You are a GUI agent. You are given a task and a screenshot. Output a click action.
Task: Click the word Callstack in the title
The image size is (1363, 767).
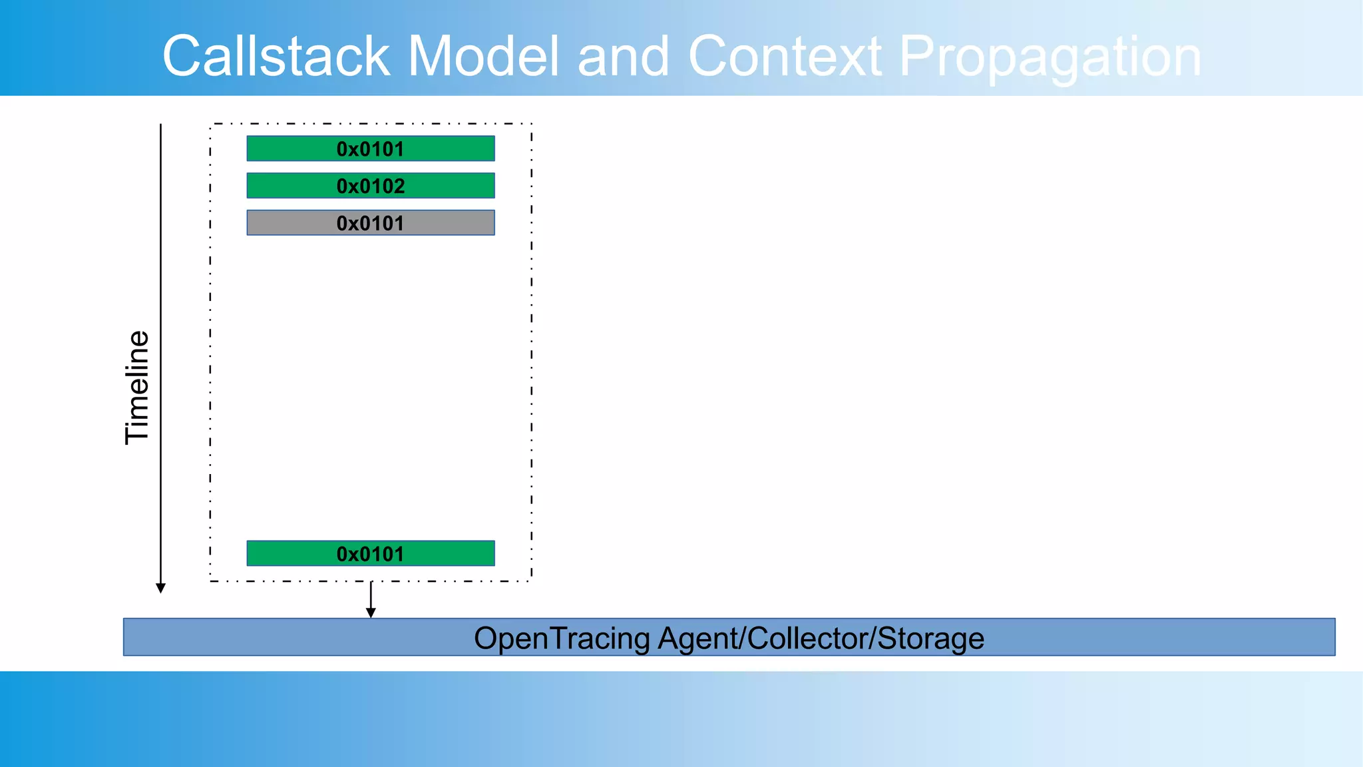pos(276,56)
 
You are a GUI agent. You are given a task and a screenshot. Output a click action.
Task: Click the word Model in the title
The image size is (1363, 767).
pos(483,56)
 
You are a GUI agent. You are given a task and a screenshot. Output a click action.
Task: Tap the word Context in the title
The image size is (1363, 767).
pos(785,56)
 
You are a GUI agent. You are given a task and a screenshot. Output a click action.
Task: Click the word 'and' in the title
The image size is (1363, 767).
pos(622,56)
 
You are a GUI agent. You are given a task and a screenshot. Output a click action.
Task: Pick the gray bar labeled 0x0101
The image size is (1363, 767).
pos(370,223)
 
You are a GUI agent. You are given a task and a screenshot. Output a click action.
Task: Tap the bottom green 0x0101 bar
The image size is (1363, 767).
pos(370,553)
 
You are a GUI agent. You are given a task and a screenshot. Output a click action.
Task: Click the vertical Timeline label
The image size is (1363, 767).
pos(137,387)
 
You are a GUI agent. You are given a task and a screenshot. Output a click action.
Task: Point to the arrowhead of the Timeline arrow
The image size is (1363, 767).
pos(160,588)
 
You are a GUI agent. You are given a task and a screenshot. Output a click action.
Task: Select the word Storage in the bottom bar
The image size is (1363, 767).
pos(930,638)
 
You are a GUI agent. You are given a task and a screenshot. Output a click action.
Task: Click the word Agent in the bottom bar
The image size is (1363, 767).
pos(698,639)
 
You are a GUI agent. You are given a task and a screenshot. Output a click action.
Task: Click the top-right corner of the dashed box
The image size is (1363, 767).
pos(531,124)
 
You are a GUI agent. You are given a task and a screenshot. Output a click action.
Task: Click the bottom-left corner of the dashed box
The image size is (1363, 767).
pos(210,581)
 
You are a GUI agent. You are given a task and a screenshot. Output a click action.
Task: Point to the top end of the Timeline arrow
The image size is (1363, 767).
pos(160,125)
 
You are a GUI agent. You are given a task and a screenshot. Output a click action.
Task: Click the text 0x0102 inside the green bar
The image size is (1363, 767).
pos(370,186)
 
